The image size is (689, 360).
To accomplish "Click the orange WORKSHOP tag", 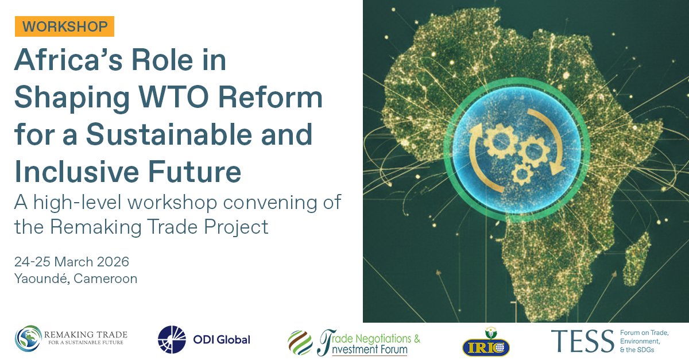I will pyautogui.click(x=65, y=26).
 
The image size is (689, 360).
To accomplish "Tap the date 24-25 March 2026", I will pyautogui.click(x=72, y=262).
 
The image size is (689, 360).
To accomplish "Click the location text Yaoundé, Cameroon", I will pyautogui.click(x=76, y=279).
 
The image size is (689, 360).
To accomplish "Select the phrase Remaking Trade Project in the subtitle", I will pyautogui.click(x=159, y=227).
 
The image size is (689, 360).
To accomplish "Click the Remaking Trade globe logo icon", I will pyautogui.click(x=28, y=339).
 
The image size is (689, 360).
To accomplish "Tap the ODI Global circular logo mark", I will pyautogui.click(x=172, y=339).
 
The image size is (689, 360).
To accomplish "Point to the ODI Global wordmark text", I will pyautogui.click(x=221, y=339).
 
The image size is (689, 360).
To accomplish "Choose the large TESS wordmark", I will pyautogui.click(x=582, y=341).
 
